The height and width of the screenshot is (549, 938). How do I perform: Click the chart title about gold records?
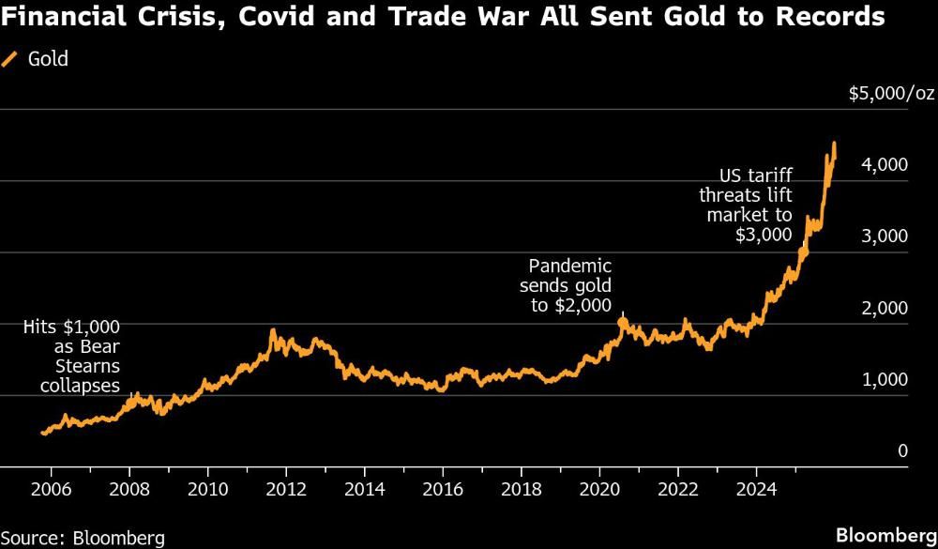click(443, 17)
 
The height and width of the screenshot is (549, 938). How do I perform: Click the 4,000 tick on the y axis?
click(886, 164)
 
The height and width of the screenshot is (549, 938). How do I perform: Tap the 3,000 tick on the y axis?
click(886, 236)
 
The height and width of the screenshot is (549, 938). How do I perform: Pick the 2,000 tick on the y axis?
click(886, 308)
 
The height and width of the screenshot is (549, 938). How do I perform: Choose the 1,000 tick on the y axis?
click(886, 379)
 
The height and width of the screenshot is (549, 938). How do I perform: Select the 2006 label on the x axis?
click(52, 489)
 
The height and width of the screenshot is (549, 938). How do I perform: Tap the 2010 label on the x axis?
click(208, 489)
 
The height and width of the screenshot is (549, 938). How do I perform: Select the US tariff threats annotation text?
click(746, 205)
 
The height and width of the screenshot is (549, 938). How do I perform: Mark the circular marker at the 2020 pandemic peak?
click(622, 323)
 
